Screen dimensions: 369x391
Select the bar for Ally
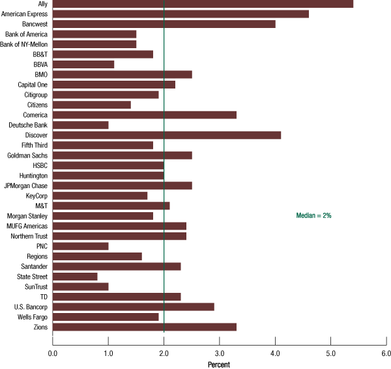(203, 4)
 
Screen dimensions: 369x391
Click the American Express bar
(181, 14)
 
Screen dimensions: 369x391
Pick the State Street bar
(75, 277)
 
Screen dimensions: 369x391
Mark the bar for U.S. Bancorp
(134, 307)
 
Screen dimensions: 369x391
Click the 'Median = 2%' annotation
(314, 215)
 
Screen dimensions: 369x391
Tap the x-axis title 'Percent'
(219, 364)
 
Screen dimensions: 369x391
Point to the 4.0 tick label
(275, 353)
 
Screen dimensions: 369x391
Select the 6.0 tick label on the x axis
(386, 353)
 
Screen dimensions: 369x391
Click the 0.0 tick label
(53, 353)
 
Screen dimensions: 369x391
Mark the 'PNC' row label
(42, 246)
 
